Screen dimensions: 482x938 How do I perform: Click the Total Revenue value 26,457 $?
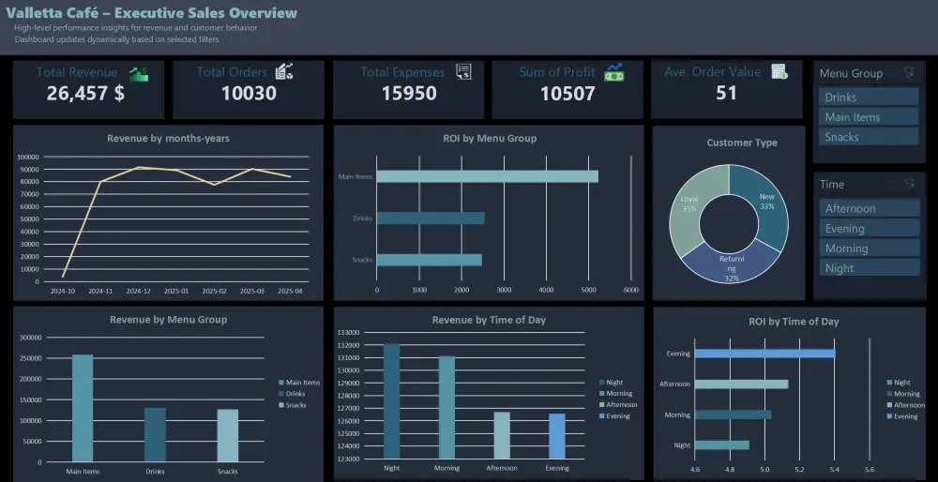85,93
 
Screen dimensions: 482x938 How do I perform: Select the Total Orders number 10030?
249,93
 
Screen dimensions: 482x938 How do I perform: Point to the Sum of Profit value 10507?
567,93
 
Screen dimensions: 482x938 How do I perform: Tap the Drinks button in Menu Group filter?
868,97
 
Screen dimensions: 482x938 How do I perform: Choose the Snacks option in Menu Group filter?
868,137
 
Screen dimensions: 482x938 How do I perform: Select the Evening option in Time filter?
868,228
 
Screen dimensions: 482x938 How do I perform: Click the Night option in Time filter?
868,268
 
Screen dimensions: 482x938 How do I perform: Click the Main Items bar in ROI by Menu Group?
487,176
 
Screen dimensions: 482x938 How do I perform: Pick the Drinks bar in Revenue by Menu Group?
155,434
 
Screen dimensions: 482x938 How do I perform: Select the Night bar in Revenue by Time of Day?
391,401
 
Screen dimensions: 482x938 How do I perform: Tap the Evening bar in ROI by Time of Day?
764,354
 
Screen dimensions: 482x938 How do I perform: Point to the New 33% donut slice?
762,198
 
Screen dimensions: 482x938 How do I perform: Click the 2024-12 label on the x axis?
138,292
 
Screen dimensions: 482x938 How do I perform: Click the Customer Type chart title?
741,143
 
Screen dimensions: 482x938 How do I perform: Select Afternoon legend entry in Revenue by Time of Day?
617,404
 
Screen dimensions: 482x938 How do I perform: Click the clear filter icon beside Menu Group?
907,73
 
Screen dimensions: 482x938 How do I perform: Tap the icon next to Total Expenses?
463,72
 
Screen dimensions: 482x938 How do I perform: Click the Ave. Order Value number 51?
726,93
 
